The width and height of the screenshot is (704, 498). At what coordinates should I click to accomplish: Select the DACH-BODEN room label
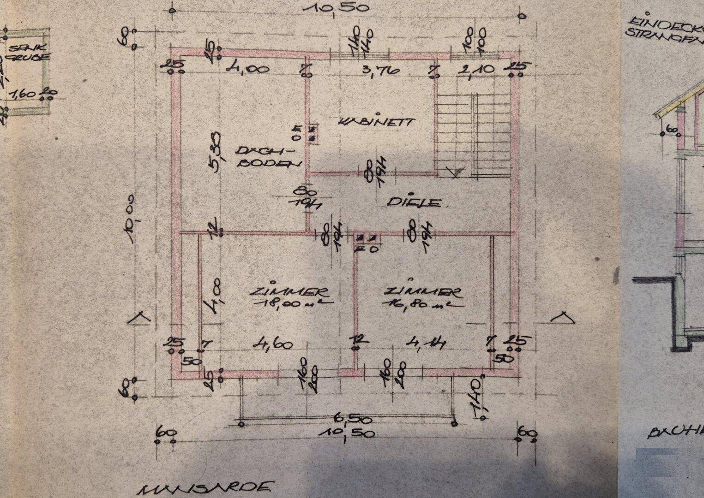click(268, 157)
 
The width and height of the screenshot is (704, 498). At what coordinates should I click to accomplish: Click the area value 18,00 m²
click(291, 303)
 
